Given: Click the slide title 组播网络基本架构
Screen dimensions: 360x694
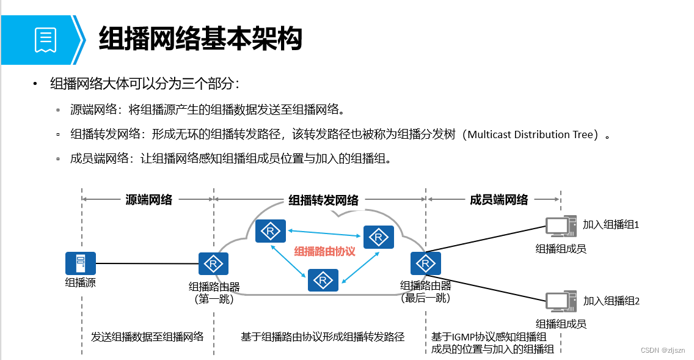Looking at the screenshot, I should (x=200, y=39).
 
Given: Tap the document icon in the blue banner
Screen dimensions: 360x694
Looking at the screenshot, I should (x=45, y=39).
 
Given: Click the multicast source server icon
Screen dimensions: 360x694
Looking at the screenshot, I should (x=81, y=263).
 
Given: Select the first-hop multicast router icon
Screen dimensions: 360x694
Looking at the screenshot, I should (x=214, y=264).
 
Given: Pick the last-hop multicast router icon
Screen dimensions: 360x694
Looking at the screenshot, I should (x=425, y=263).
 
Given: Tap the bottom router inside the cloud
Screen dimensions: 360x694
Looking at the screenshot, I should (x=323, y=280).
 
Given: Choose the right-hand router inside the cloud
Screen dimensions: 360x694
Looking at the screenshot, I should (x=379, y=237).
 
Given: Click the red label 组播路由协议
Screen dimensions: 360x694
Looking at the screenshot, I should (x=324, y=252).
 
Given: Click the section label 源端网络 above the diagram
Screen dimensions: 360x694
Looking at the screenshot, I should (x=148, y=200).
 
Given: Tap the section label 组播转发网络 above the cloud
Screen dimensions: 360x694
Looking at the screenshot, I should (x=323, y=200).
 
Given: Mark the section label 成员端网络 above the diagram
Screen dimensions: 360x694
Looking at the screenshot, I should (x=499, y=200).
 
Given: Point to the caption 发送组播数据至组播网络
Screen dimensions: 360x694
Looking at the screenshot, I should (x=147, y=337).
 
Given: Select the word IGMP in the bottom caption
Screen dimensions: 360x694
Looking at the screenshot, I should (x=462, y=337).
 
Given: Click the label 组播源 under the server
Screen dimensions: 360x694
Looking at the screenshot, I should (x=81, y=283).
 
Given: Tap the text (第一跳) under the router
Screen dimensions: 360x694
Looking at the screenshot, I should (x=214, y=299).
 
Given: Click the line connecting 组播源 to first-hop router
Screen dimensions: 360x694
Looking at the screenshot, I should (x=147, y=264).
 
